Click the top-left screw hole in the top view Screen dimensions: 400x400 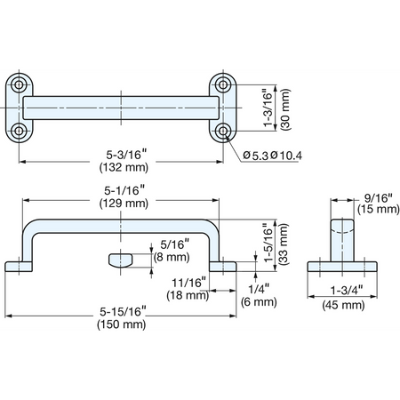tap(19, 84)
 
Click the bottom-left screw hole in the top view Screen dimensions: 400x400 tap(19, 131)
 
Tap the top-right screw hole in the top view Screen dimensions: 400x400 tap(223, 84)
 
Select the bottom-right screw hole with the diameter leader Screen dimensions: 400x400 tap(223, 131)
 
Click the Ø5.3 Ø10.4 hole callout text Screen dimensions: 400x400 tap(272, 156)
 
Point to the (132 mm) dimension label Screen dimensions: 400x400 tap(124, 167)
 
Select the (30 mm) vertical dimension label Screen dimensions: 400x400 tap(285, 109)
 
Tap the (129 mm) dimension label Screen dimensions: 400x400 tap(124, 204)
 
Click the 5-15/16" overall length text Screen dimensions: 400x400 tap(123, 311)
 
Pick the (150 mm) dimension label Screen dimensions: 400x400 tap(122, 324)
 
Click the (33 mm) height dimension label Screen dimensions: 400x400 tap(284, 244)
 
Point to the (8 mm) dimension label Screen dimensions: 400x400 tap(172, 257)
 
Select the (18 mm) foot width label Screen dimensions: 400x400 tap(188, 296)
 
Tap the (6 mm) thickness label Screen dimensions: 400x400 tap(259, 302)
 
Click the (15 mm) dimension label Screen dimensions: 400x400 tap(379, 209)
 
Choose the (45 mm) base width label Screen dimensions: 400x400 tap(343, 305)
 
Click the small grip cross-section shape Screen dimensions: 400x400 tap(121, 260)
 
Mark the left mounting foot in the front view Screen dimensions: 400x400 tap(19, 267)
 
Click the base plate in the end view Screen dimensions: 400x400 tap(342, 267)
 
